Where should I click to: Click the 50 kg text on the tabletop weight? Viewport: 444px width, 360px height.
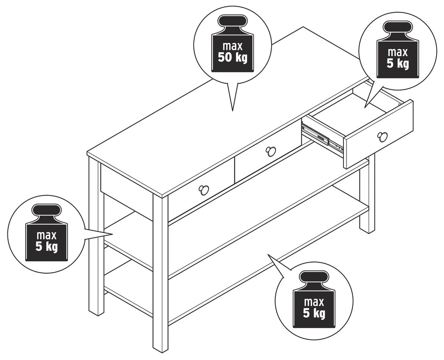coord(232,57)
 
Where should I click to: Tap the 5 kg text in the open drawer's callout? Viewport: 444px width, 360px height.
coord(398,64)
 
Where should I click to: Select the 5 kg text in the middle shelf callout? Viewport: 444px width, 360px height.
coord(47,247)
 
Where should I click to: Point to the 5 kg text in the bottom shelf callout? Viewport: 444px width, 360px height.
coord(314,313)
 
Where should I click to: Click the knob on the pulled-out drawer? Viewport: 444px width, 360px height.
coord(382,137)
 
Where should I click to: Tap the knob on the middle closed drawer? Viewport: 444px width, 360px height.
coord(270,151)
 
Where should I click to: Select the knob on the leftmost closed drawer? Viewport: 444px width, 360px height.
coord(203,189)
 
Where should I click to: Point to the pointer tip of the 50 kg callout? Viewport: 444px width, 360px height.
coord(232,111)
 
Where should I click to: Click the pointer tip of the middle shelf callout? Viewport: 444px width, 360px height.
coord(113,234)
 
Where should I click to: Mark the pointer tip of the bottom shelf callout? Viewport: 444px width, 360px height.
coord(268,255)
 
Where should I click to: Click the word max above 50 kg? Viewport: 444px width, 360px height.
coord(232,46)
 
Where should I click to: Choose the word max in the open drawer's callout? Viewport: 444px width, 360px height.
coord(398,52)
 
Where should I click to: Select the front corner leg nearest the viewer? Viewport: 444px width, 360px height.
coord(161,273)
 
